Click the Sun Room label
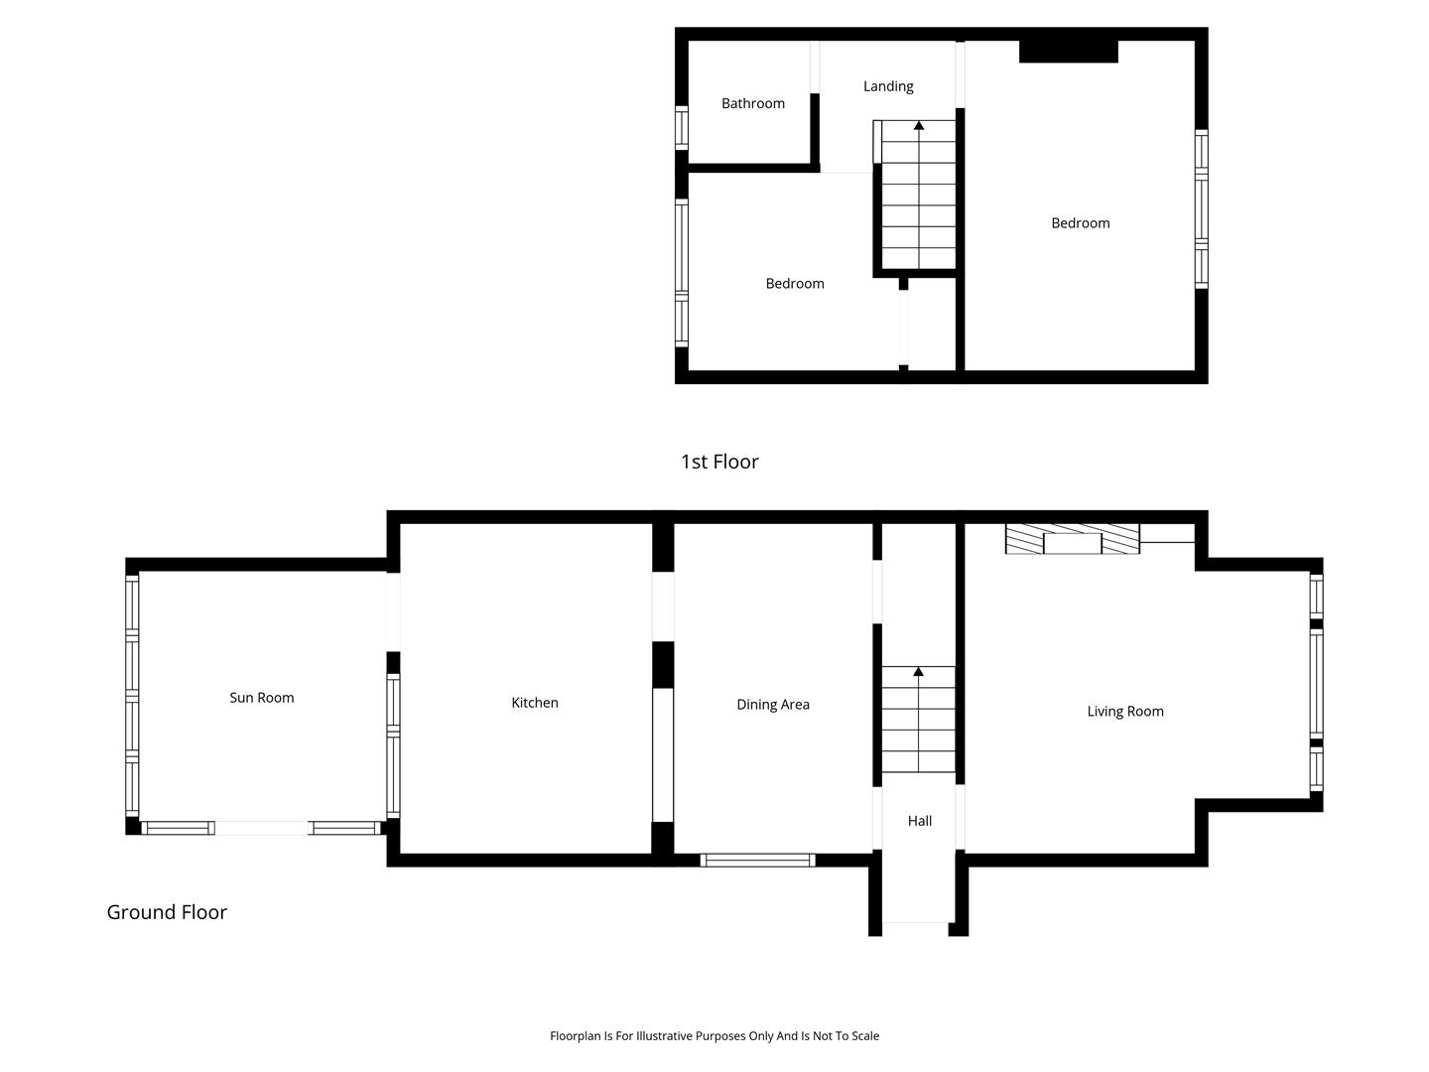261,697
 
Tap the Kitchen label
535,703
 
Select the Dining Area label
773,705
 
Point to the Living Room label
1125,712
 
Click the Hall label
919,821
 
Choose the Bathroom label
752,103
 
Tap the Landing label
888,86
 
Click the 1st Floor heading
719,462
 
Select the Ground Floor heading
167,912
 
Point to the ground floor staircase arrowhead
918,671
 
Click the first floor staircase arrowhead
919,125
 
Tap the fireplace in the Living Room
1072,539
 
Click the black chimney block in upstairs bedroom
1068,52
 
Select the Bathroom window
681,128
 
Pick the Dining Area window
757,860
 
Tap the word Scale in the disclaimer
864,1035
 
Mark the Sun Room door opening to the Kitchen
393,611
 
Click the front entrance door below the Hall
915,922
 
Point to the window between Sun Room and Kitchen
393,745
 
